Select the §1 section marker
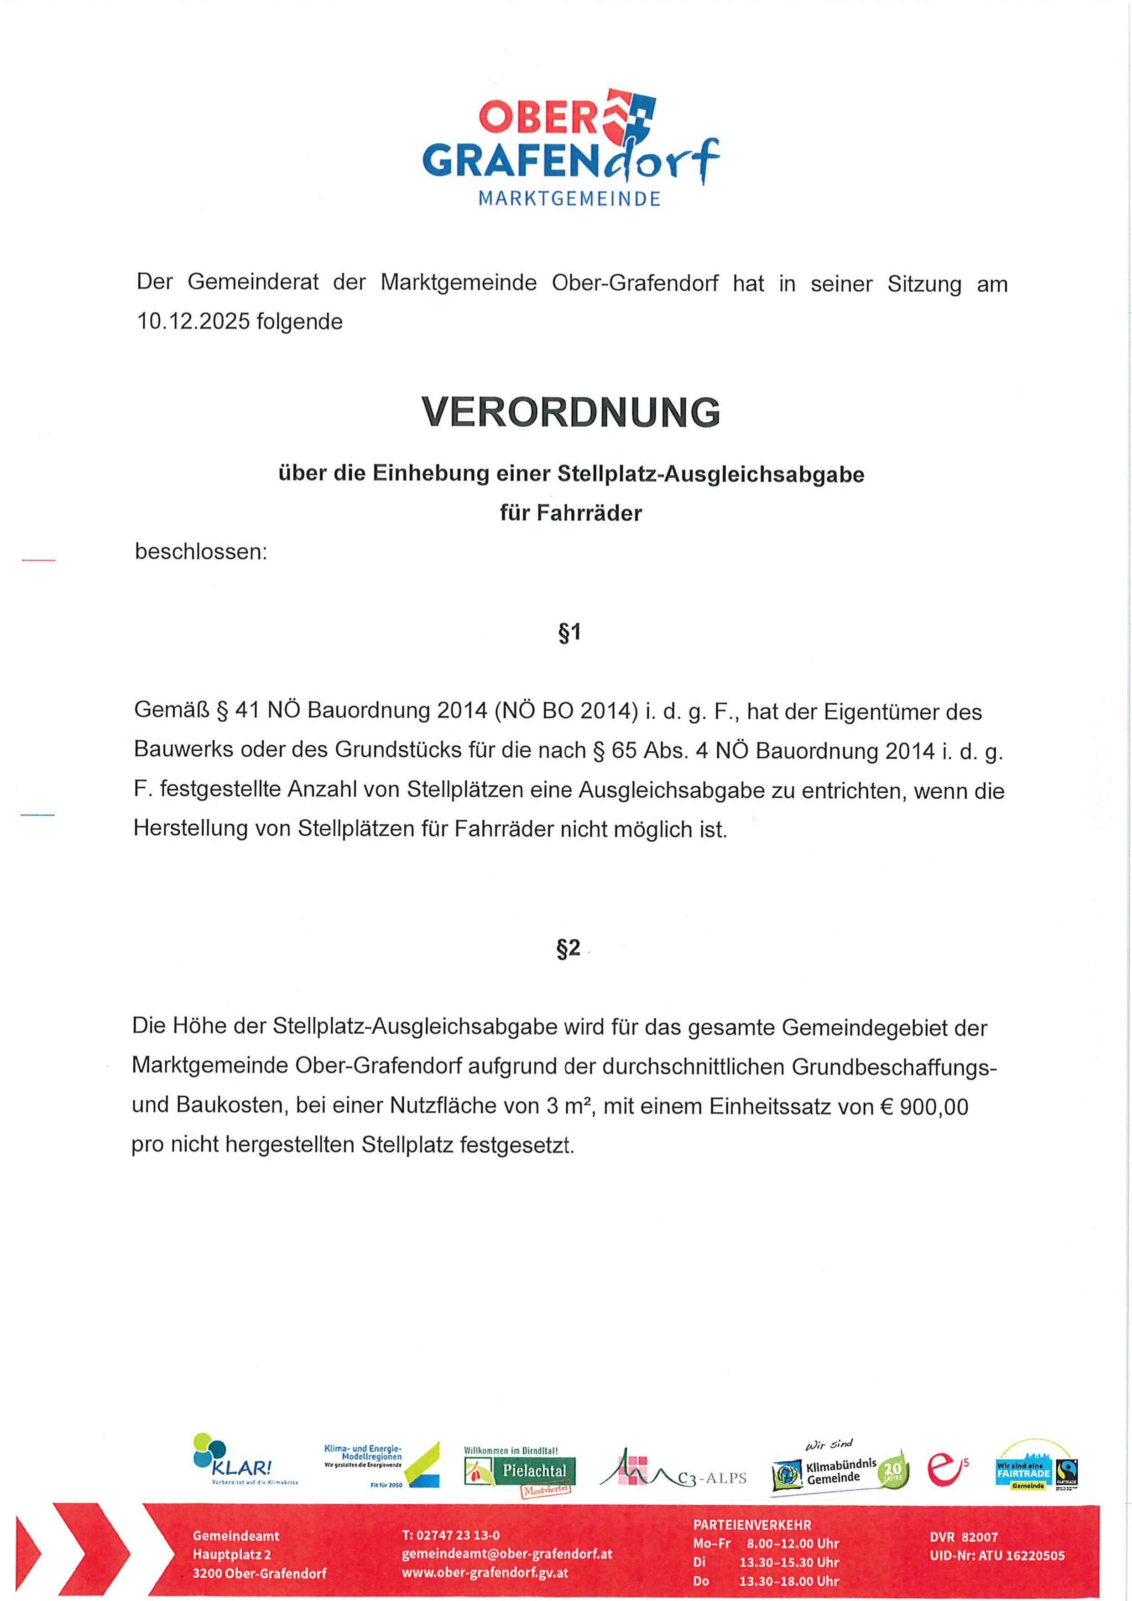[x=569, y=633]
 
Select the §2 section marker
[x=568, y=948]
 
